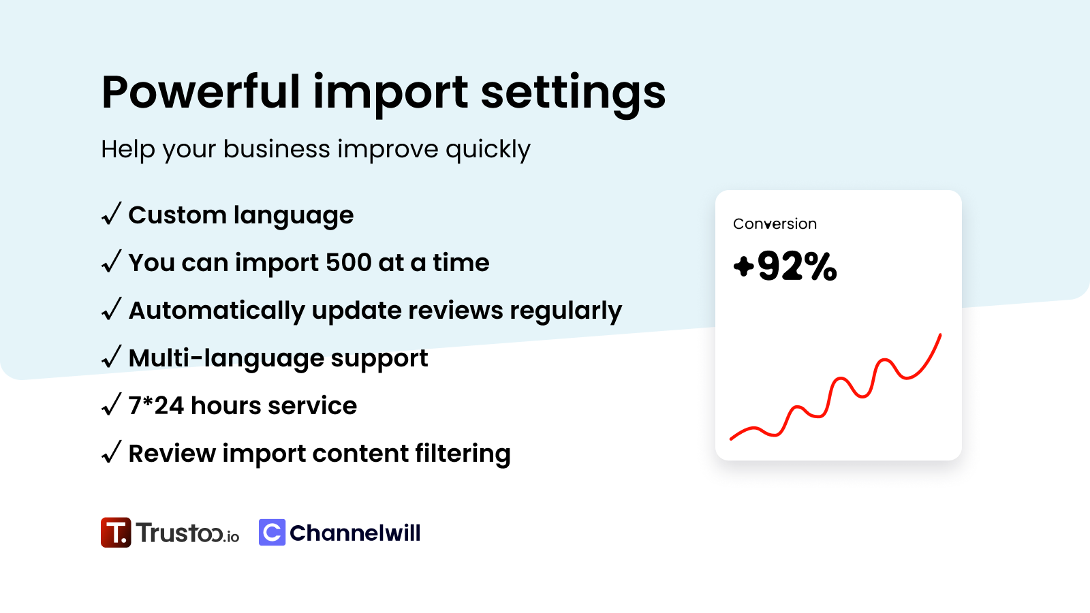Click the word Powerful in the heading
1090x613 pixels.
pos(201,92)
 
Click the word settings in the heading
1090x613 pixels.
pos(573,94)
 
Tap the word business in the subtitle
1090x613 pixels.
pos(277,148)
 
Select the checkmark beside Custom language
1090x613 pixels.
pos(112,214)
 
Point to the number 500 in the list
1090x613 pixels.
pos(348,263)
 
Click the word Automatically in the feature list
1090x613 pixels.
pos(217,311)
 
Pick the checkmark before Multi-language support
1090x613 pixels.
pos(112,357)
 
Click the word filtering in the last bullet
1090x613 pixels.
pos(463,454)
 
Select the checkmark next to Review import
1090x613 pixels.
pos(112,452)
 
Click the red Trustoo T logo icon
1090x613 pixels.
pos(116,532)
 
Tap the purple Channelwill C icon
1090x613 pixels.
pos(272,532)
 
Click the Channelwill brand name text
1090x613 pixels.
pos(355,533)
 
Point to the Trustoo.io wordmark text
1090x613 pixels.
pos(187,532)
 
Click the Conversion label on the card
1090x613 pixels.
pos(775,224)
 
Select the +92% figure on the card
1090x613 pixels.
pos(785,266)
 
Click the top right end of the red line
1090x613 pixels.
pos(940,334)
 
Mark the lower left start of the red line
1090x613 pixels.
pos(732,439)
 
